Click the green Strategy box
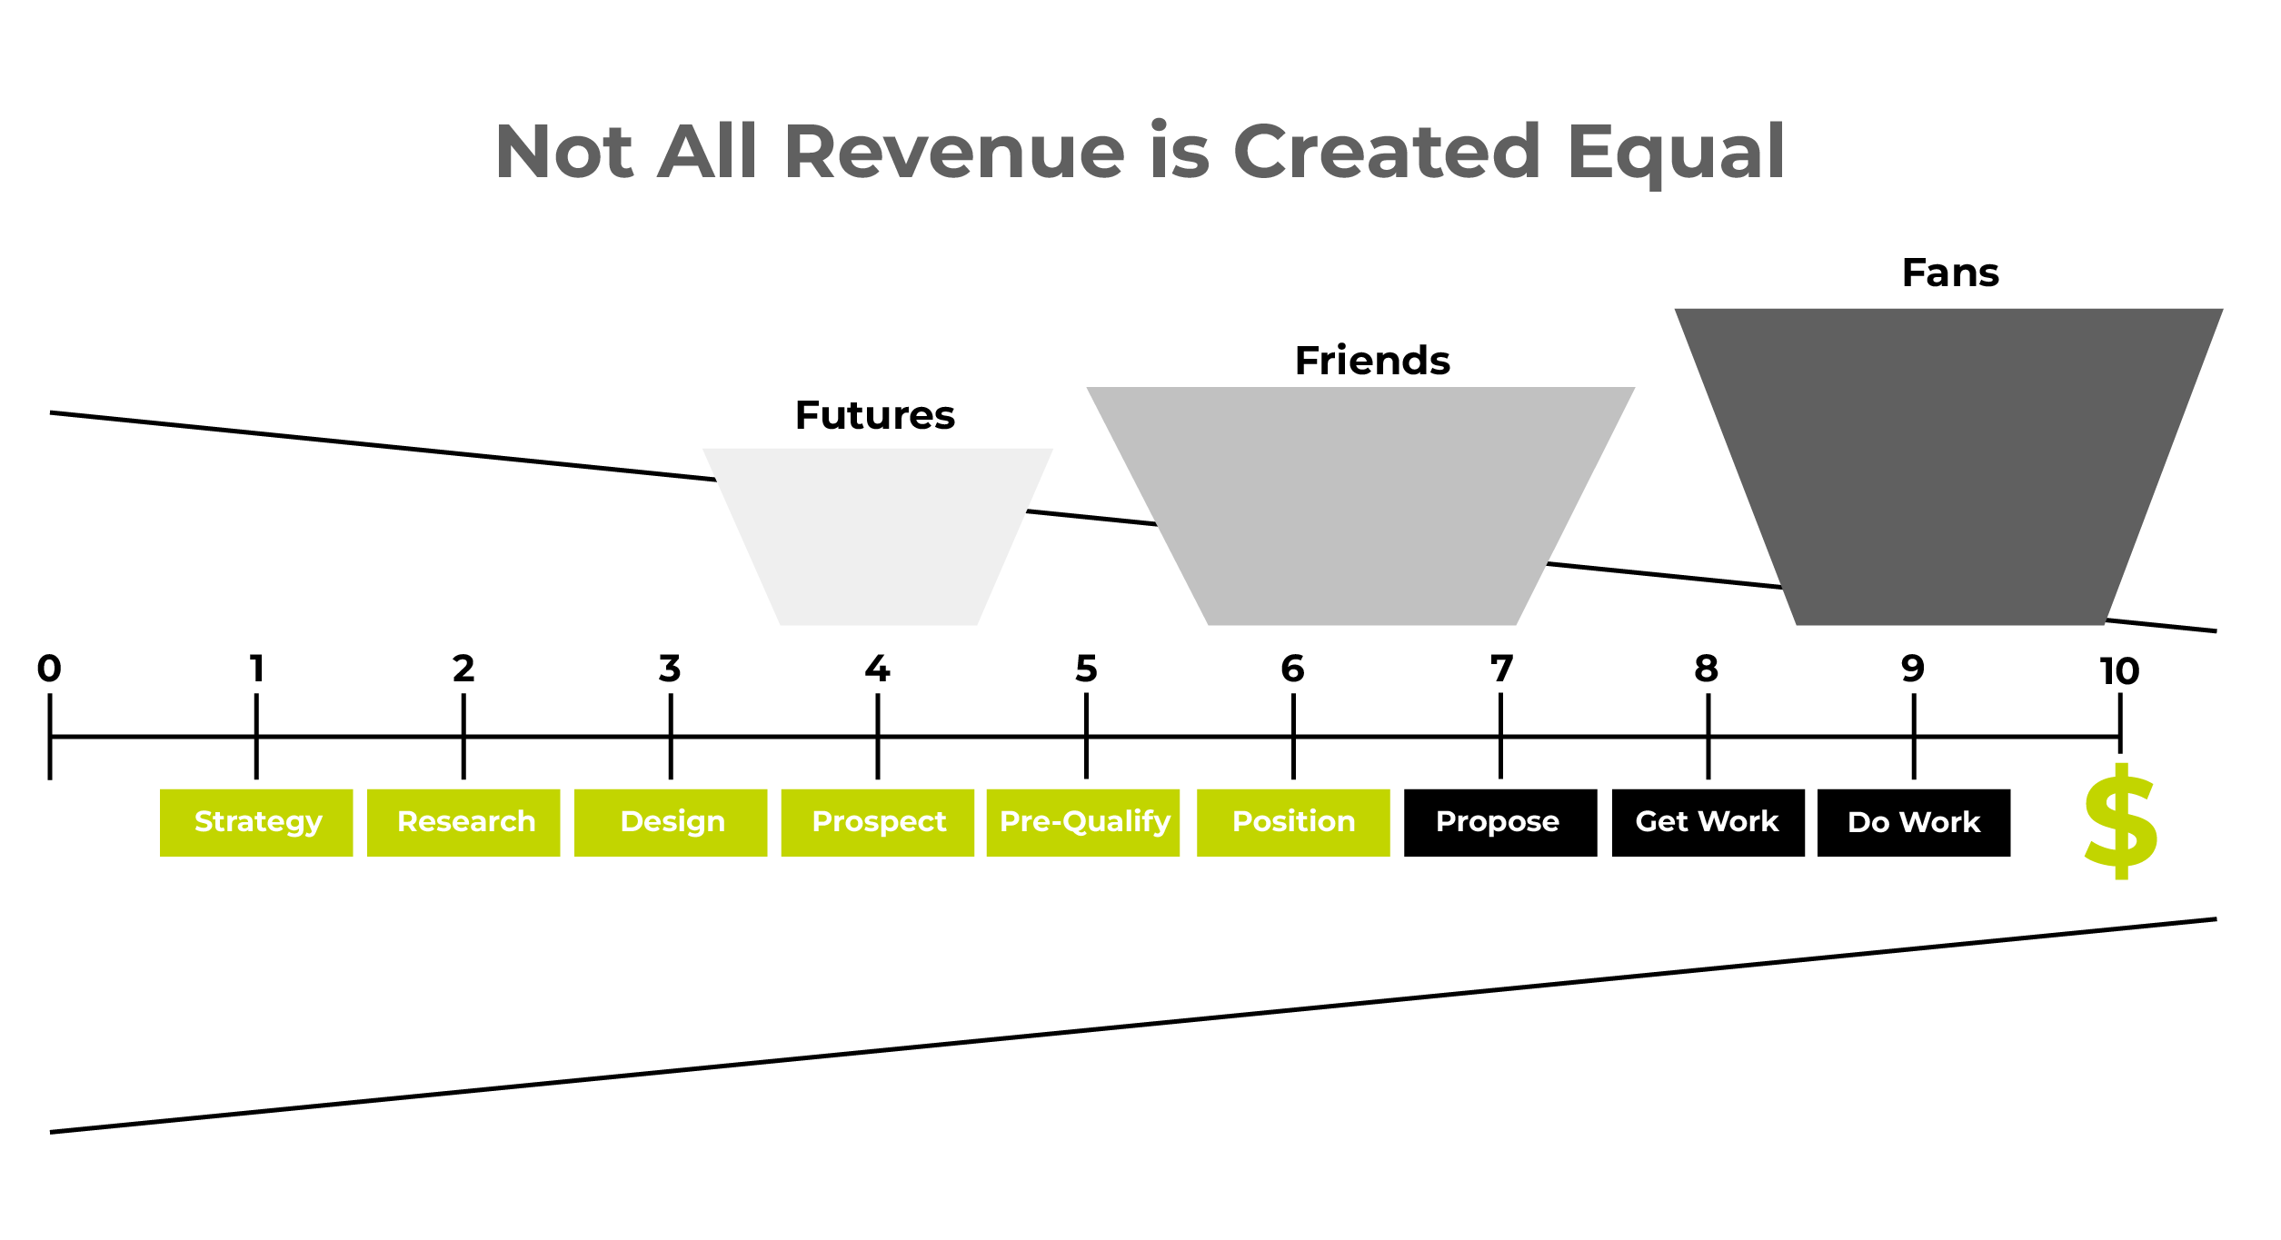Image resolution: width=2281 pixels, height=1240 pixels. coord(256,823)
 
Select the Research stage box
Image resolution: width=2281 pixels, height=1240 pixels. coord(463,823)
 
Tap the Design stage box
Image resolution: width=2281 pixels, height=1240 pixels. coord(671,823)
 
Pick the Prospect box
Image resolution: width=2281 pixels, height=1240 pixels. coord(878,823)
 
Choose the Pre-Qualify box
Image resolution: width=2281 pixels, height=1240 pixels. coord(1083,823)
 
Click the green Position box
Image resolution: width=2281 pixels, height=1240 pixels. coord(1293,823)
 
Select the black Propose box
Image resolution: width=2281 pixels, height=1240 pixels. coord(1500,823)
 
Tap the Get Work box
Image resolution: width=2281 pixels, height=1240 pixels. coord(1708,823)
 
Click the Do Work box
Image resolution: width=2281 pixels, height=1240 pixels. coord(1914,823)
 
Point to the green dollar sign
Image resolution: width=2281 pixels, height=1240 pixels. coord(2121,822)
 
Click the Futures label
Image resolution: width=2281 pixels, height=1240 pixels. coord(875,416)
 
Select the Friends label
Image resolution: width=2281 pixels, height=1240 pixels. coord(1372,361)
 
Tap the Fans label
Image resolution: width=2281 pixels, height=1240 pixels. coord(1950,273)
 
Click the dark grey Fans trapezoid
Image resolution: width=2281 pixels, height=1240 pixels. coord(1949,467)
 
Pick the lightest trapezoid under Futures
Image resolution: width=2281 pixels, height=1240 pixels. coord(878,537)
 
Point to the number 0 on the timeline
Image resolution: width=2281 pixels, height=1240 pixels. coord(49,669)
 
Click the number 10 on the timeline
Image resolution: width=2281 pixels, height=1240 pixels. coord(2120,671)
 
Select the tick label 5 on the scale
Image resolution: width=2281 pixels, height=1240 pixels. coord(1086,669)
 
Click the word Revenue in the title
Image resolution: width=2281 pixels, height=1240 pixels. coord(954,152)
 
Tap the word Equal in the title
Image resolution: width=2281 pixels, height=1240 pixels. coord(1677,154)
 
